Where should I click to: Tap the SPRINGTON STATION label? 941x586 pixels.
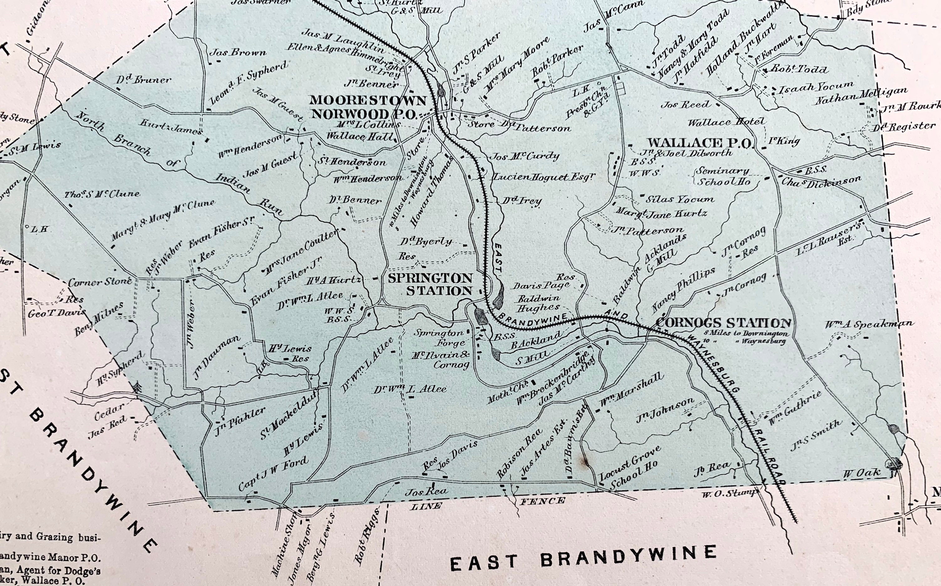(430, 285)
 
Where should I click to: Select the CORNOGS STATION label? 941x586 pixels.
(723, 323)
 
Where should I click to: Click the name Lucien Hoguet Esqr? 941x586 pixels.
(543, 177)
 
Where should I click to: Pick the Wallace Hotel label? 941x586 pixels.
(726, 122)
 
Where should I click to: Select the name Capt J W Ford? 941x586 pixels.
(273, 474)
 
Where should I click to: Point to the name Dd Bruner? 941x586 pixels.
(143, 80)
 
